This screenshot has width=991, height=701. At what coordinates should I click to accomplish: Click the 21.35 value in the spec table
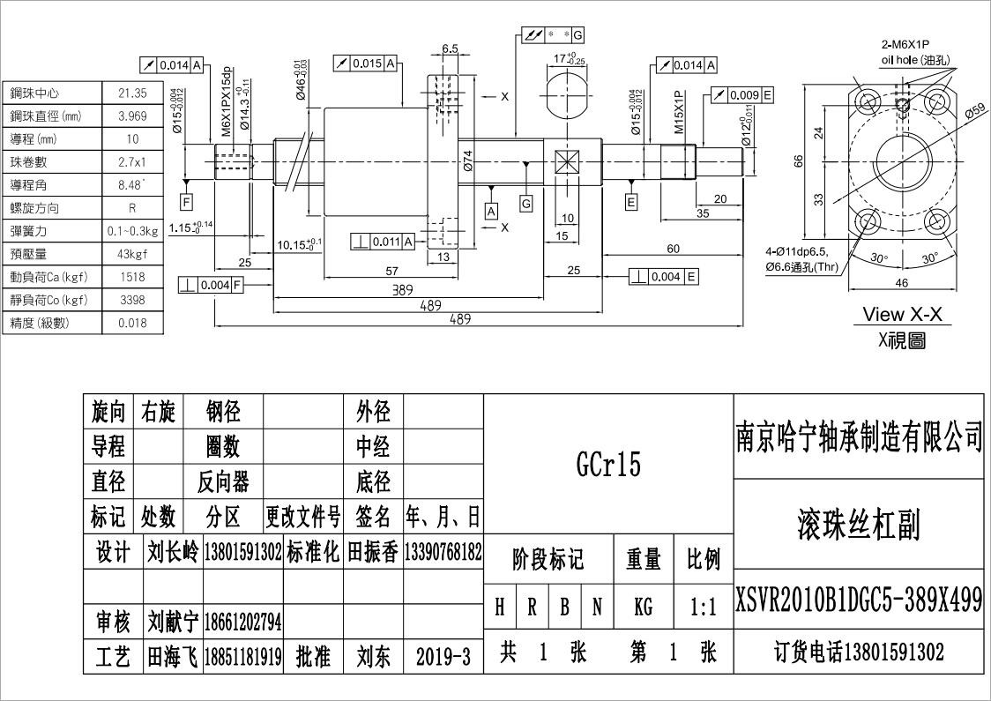tap(132, 93)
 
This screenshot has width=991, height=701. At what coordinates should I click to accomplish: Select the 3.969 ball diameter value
tap(132, 116)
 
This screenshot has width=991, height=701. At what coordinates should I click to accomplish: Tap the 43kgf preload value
tap(132, 254)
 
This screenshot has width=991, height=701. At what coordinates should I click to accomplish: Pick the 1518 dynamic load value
tap(132, 277)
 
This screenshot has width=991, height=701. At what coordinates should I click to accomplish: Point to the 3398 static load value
tap(132, 300)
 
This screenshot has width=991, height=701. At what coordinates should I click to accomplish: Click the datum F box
tap(186, 201)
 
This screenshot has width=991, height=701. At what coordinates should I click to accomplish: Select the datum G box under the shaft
tap(526, 203)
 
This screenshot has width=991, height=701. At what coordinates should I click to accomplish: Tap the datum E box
tap(631, 202)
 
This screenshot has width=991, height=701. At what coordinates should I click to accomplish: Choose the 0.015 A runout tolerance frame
tap(365, 63)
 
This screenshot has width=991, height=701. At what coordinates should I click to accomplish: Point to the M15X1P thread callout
tap(680, 111)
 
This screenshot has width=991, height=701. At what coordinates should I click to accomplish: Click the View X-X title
tap(901, 314)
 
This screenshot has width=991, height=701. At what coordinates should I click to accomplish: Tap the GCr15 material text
tap(607, 465)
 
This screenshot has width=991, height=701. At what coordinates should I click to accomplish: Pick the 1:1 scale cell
tap(703, 607)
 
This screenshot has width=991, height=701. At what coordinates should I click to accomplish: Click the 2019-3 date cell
tap(443, 655)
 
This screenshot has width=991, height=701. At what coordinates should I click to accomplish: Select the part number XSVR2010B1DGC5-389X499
tap(859, 601)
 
